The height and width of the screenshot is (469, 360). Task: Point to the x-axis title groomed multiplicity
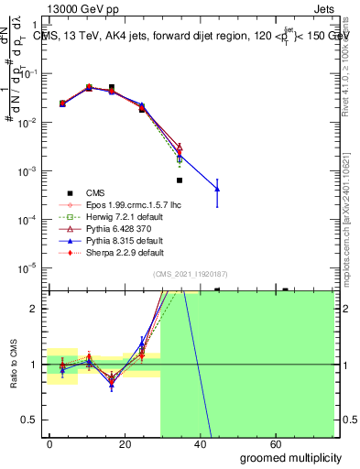point(290,457)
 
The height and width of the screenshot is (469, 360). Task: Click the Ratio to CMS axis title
point(12,365)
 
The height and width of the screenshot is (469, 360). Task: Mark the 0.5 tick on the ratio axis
point(33,420)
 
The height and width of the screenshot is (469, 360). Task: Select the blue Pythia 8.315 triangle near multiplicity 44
point(217,189)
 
